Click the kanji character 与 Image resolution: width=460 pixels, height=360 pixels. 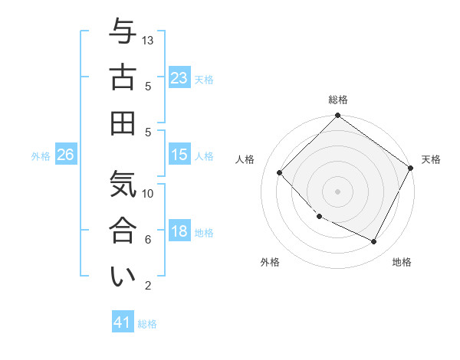tap(122, 33)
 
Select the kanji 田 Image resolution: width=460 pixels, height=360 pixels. tap(122, 123)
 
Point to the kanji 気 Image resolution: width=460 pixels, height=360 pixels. tap(122, 186)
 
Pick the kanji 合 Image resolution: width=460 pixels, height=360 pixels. tap(122, 231)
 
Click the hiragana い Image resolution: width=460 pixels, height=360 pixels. tap(122, 277)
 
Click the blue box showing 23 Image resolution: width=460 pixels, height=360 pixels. tap(179, 77)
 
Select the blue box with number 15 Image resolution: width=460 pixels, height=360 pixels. tap(179, 155)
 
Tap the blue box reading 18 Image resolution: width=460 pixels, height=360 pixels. tap(179, 232)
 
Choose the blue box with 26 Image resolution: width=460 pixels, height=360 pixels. tap(65, 155)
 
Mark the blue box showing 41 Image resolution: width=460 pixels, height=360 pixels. tap(123, 322)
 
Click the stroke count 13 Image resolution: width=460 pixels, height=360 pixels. tap(149, 40)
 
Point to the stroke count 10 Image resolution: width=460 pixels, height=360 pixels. tap(149, 193)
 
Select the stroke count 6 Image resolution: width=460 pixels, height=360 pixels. tap(148, 240)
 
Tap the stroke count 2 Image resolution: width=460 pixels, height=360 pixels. tap(148, 286)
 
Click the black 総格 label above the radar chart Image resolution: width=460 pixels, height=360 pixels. tap(337, 100)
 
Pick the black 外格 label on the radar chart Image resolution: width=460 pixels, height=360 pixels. tap(270, 262)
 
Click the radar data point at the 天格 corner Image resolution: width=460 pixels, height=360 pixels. tap(410, 168)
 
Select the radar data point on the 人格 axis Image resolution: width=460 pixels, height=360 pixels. tap(280, 173)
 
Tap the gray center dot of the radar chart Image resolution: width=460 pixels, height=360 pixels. tap(337, 191)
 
